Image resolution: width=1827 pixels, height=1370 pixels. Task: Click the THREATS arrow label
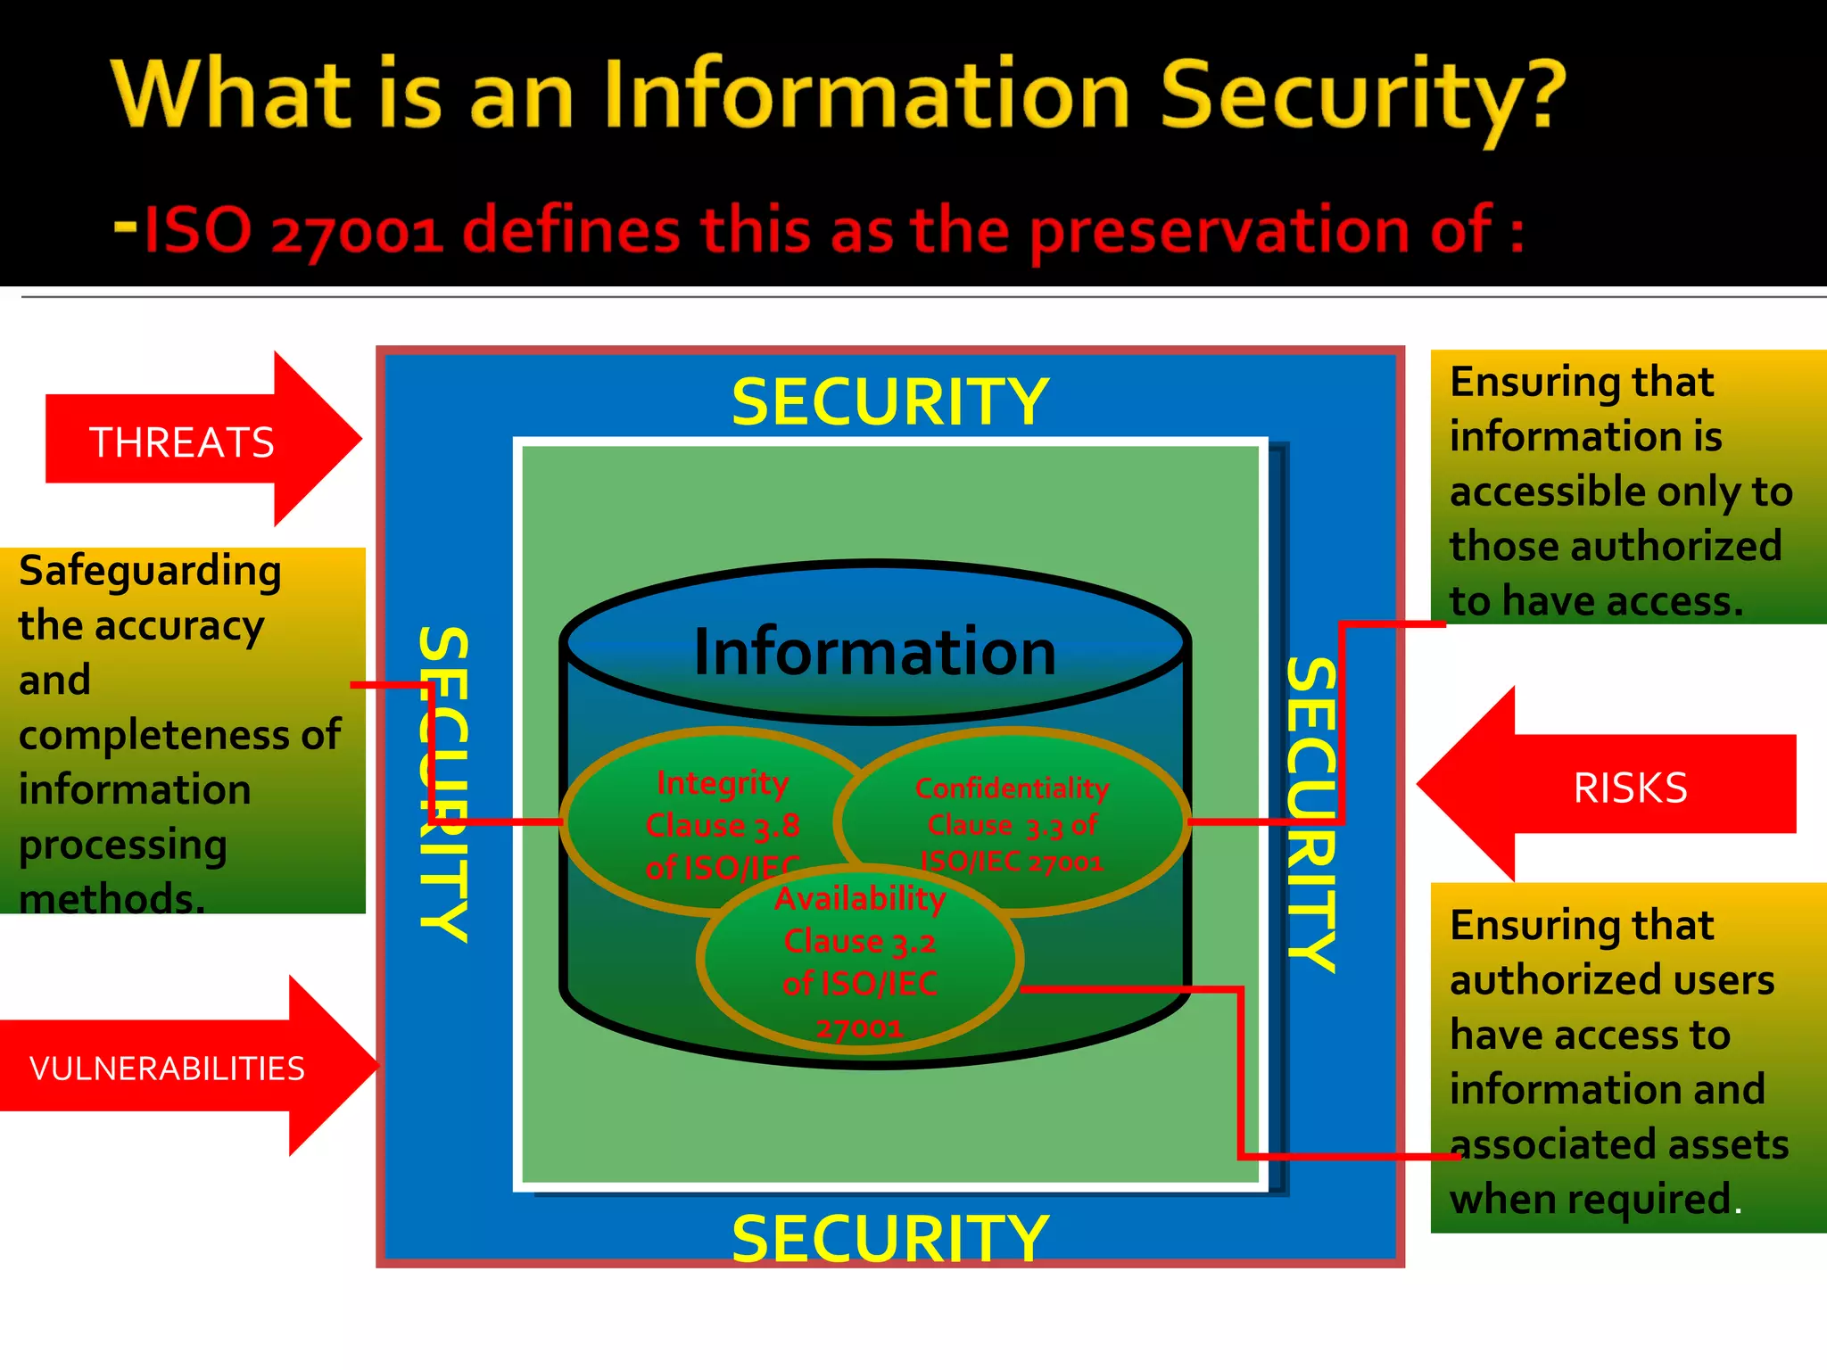coord(182,442)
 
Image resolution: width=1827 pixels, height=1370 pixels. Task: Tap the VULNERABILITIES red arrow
coord(168,1068)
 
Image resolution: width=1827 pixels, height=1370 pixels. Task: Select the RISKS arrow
coord(1630,788)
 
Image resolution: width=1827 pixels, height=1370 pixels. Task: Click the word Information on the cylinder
coord(874,652)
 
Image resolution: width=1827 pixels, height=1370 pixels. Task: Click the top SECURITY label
coord(889,402)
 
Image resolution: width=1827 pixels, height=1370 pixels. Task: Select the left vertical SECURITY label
coord(443,784)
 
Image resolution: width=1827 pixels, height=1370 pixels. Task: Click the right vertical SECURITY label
coord(1311,813)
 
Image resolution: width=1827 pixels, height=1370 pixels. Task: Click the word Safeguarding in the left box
coord(150,572)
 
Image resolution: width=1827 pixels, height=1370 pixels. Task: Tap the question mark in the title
coord(1541,95)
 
